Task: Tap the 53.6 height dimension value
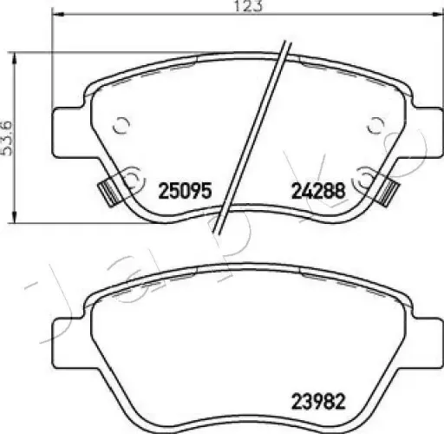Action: [9, 137]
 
